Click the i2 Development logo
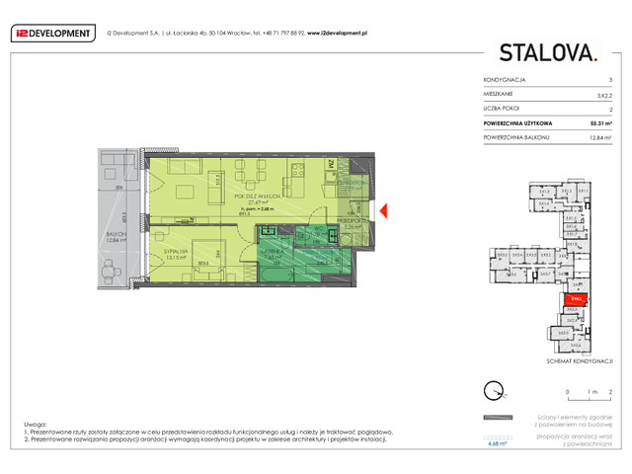(x=51, y=34)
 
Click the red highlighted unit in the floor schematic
(x=576, y=296)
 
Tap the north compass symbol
(x=492, y=389)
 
